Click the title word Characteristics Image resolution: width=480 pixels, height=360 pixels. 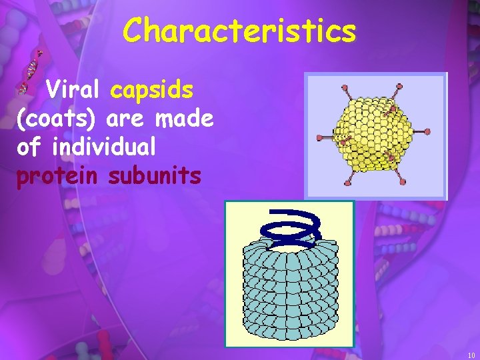point(239,31)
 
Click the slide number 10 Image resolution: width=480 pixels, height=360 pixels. point(471,355)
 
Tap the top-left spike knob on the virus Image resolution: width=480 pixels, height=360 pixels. point(344,88)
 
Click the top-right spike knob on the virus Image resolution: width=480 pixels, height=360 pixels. point(399,86)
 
